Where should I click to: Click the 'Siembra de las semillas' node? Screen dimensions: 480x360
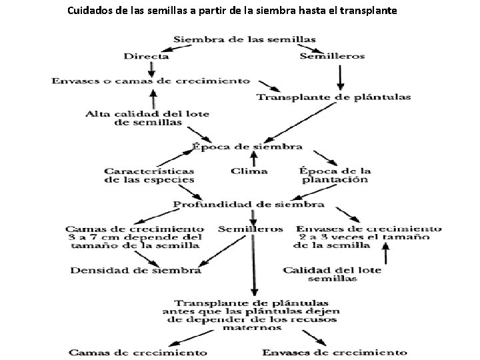pyautogui.click(x=245, y=39)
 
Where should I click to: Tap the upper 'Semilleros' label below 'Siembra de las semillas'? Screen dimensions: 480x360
pyautogui.click(x=332, y=56)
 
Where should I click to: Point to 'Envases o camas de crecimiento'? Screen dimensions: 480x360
pyautogui.click(x=151, y=81)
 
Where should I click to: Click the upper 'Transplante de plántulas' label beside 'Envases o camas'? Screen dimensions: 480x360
pyautogui.click(x=333, y=97)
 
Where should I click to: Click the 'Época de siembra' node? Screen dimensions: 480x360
pyautogui.click(x=247, y=146)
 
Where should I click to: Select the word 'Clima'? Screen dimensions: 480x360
pyautogui.click(x=249, y=171)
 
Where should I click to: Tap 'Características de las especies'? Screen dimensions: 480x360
pyautogui.click(x=149, y=175)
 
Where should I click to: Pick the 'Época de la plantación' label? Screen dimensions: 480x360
pyautogui.click(x=335, y=175)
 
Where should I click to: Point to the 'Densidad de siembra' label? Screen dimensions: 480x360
pyautogui.click(x=136, y=270)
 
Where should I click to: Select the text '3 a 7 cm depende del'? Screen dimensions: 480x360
pyautogui.click(x=143, y=237)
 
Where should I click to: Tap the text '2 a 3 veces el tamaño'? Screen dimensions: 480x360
pyautogui.click(x=369, y=237)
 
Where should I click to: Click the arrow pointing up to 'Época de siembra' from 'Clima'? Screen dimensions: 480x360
pyautogui.click(x=253, y=159)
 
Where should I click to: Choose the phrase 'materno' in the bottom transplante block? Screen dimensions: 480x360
pyautogui.click(x=252, y=327)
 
